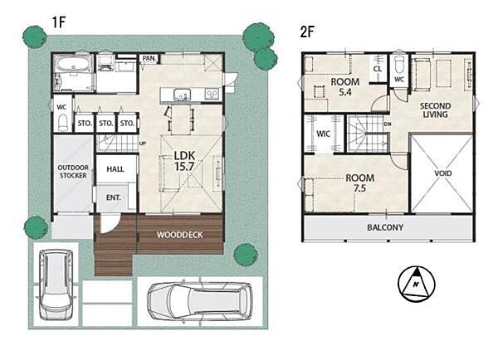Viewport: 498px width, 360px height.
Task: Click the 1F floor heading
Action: tap(59, 22)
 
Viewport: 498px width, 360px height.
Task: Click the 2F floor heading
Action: tap(307, 32)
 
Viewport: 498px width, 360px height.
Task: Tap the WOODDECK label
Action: tap(180, 235)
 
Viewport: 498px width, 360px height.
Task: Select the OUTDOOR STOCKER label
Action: tap(73, 172)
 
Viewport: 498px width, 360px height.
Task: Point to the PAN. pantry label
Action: tap(149, 58)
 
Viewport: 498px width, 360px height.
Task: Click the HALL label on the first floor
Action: tap(115, 169)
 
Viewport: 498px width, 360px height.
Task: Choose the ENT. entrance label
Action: tap(114, 197)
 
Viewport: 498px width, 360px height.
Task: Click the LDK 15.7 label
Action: tap(184, 161)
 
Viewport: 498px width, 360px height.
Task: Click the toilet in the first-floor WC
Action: tap(63, 122)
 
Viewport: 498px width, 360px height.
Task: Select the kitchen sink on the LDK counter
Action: tap(182, 95)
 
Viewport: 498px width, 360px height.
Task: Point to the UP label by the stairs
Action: tap(143, 144)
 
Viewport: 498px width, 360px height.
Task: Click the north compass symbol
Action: tap(417, 285)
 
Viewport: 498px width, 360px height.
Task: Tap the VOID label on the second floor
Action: tap(442, 173)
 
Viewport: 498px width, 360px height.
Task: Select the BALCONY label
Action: tap(385, 227)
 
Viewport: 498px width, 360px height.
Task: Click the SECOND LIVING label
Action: tap(435, 110)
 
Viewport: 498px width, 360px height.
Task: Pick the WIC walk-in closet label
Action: tap(324, 134)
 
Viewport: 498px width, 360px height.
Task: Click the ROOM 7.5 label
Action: tap(360, 182)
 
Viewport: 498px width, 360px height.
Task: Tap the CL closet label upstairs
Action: tap(378, 69)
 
